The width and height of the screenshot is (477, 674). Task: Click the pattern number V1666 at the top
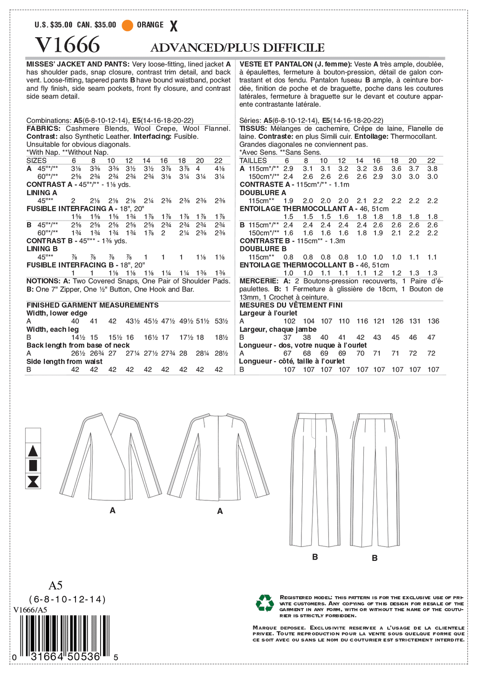pyautogui.click(x=68, y=45)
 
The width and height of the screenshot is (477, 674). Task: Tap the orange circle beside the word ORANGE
pyautogui.click(x=127, y=25)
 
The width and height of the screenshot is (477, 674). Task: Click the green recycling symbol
pyautogui.click(x=265, y=603)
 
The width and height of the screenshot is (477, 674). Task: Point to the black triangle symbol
pyautogui.click(x=33, y=451)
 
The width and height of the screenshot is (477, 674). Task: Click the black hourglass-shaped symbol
pyautogui.click(x=33, y=481)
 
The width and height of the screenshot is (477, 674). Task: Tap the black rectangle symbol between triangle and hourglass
pyautogui.click(x=33, y=465)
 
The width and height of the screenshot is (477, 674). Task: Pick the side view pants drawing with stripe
pyautogui.click(x=375, y=479)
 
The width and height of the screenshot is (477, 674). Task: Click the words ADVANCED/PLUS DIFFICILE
pyautogui.click(x=237, y=47)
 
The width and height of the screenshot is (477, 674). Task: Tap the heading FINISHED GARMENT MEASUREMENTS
pyautogui.click(x=92, y=305)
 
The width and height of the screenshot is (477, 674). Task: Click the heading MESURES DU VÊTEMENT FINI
pyautogui.click(x=291, y=305)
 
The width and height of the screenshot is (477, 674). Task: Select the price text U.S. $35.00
pyautogui.click(x=54, y=25)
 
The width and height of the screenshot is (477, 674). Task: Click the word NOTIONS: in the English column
pyautogui.click(x=42, y=281)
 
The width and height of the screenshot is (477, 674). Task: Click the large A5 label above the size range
pyautogui.click(x=55, y=585)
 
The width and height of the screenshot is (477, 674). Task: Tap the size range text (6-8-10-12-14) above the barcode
pyautogui.click(x=68, y=599)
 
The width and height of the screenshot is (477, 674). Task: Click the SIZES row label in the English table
pyautogui.click(x=36, y=161)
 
